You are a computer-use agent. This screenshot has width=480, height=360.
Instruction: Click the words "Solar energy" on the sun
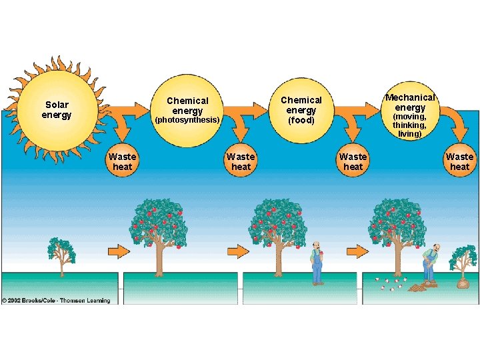(x=57, y=110)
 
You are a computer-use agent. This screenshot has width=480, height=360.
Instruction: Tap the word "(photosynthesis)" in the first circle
(x=187, y=120)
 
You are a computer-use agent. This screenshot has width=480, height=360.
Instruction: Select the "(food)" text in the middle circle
(x=301, y=121)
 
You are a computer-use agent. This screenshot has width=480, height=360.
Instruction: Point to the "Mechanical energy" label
(x=410, y=102)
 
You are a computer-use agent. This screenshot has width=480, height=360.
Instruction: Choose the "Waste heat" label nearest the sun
(x=122, y=162)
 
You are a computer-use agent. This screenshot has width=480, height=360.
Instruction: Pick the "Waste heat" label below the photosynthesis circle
(x=241, y=162)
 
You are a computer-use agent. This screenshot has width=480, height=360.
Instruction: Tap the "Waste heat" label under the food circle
(x=353, y=162)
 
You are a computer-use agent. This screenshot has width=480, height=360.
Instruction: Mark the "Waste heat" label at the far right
(x=459, y=162)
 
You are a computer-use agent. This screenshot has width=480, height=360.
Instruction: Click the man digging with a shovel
(x=430, y=263)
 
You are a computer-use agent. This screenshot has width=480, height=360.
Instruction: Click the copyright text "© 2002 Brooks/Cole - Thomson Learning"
(x=56, y=301)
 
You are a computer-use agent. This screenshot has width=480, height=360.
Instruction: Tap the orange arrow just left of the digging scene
(x=357, y=251)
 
